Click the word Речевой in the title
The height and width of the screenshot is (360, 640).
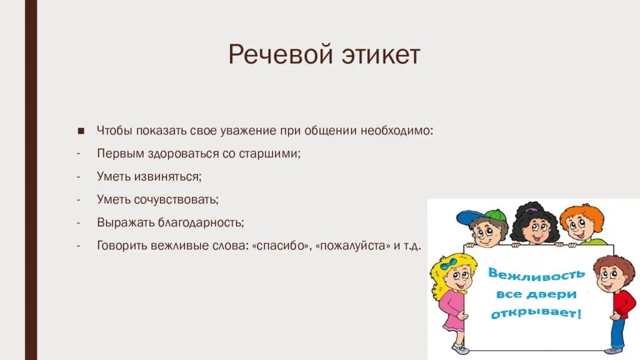click(281, 54)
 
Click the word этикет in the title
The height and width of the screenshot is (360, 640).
click(381, 55)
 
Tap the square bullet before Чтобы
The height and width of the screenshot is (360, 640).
click(81, 131)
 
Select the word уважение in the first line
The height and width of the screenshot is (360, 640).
click(249, 131)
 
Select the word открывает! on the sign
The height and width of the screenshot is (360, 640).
click(536, 313)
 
